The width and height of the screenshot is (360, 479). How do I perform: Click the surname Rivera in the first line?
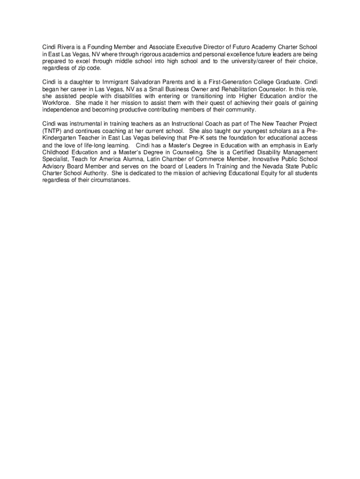pyautogui.click(x=68, y=47)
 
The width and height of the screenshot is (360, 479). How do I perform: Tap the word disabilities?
pyautogui.click(x=119, y=96)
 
